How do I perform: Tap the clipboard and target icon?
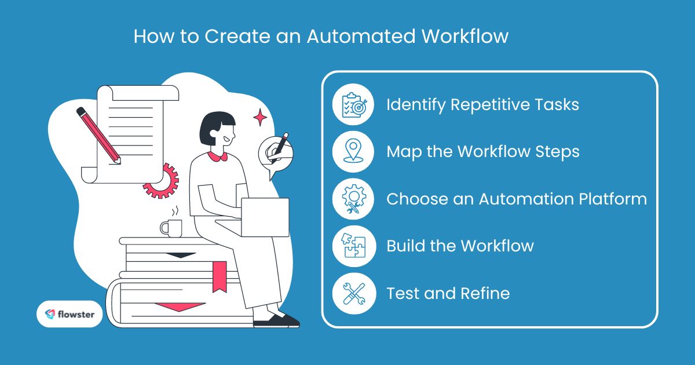(354, 105)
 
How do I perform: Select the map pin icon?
(354, 152)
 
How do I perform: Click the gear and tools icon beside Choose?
(354, 199)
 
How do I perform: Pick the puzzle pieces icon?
(354, 246)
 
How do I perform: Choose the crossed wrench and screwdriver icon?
(354, 293)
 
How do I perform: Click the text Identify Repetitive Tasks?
(482, 105)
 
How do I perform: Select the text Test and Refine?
(448, 293)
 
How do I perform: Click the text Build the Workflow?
(460, 246)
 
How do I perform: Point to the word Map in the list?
(403, 152)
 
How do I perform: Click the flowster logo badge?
(69, 314)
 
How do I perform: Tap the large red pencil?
(98, 135)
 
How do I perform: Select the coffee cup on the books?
(171, 227)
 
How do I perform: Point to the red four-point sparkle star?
(260, 118)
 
